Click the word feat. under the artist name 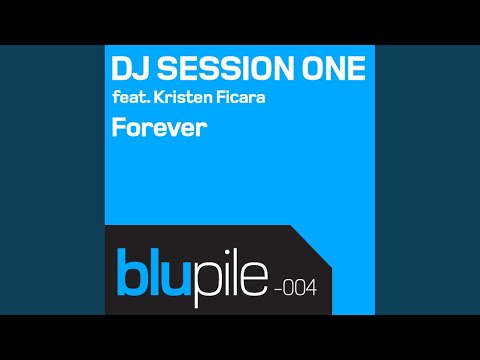(x=131, y=97)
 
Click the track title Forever (x=159, y=128)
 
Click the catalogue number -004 (x=295, y=288)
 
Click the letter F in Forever (x=118, y=128)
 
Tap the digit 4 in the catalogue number (x=311, y=288)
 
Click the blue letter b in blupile (x=132, y=272)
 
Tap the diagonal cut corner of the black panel (x=311, y=246)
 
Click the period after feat (x=148, y=102)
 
